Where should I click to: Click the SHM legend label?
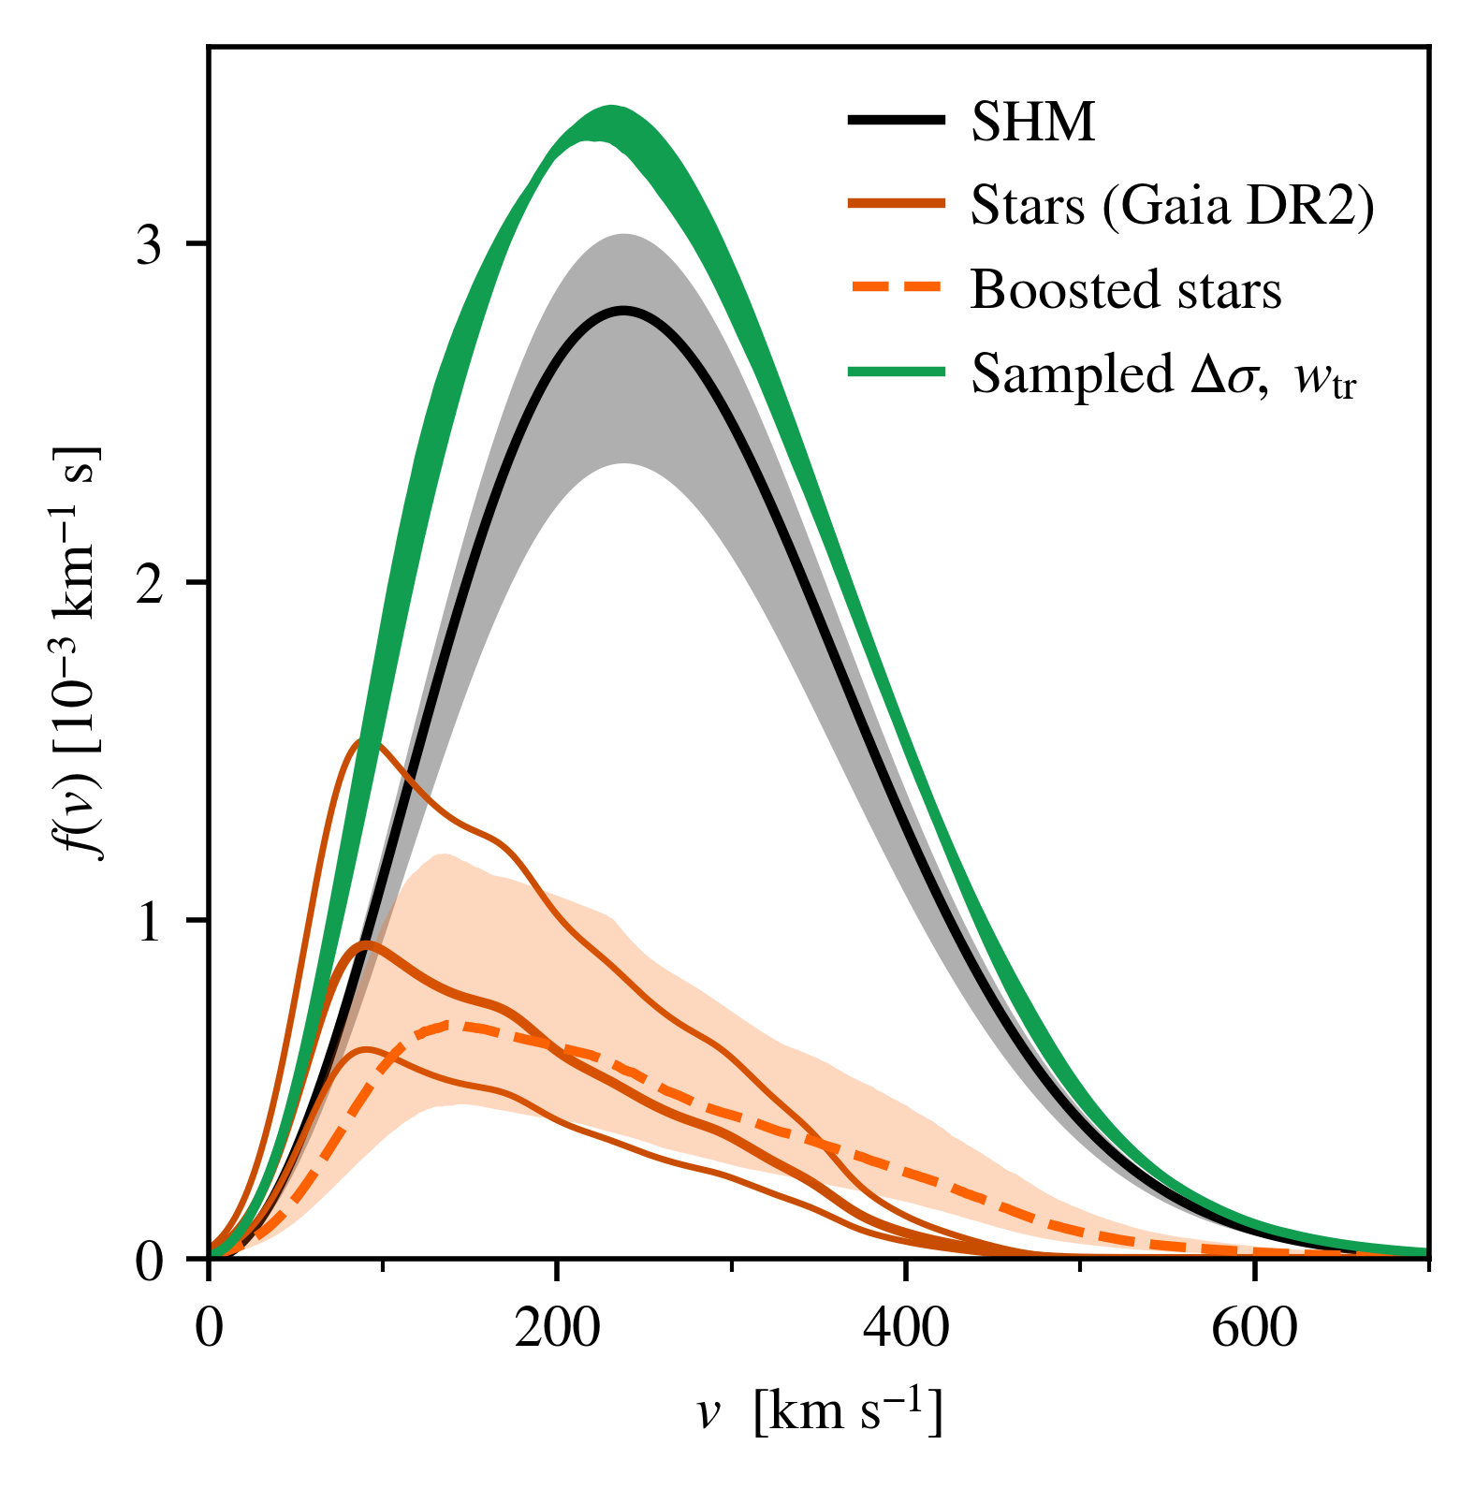point(1032,122)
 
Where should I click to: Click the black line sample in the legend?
point(896,120)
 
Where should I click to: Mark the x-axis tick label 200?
point(557,1328)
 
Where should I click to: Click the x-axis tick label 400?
point(905,1328)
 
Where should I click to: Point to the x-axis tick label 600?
point(1254,1328)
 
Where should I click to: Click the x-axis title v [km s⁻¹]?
point(819,1412)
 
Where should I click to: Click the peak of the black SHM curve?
point(623,310)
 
